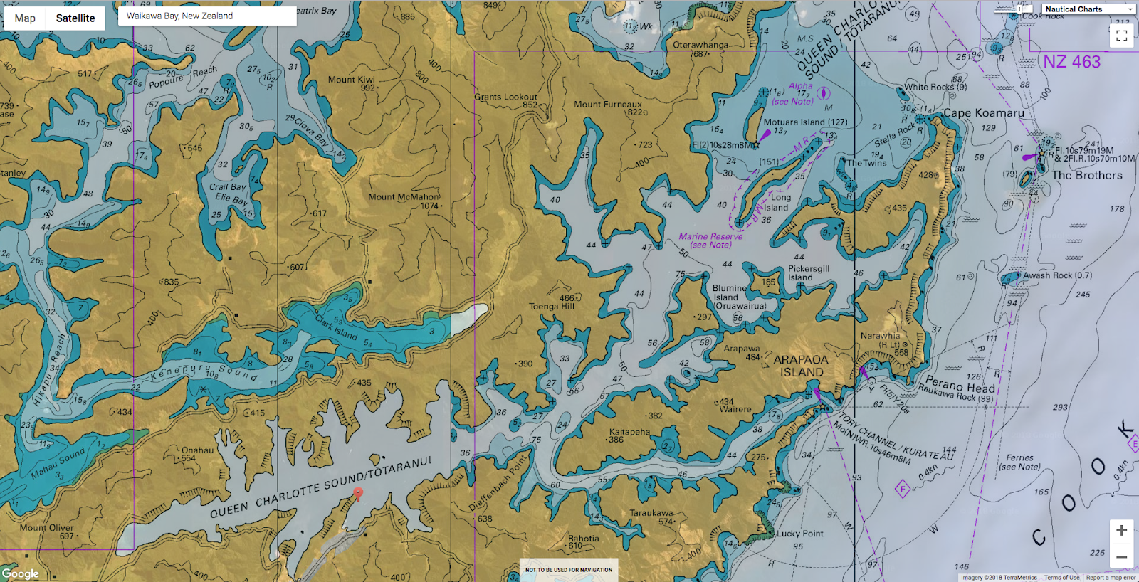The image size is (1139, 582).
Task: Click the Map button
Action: coord(25,18)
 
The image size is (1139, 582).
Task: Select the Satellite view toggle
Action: coord(75,18)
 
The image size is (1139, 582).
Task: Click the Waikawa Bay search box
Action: coord(206,16)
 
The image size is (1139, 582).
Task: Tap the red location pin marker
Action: coord(359,493)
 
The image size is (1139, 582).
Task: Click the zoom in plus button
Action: coord(1121,531)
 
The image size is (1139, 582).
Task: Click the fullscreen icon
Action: coord(1121,36)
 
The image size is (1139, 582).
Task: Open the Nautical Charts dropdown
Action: coord(1088,9)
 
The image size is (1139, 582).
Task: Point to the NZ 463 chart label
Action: coord(1071,62)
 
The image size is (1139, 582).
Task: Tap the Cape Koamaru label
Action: coord(984,113)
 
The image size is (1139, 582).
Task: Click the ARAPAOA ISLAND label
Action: coord(801,366)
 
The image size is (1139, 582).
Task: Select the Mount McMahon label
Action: coord(404,197)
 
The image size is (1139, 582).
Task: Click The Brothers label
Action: coord(1086,176)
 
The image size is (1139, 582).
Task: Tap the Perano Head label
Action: coord(960,384)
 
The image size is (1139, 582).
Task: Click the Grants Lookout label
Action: coord(505,97)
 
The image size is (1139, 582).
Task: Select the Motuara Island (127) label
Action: coord(805,122)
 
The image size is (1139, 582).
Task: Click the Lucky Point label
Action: coord(799,534)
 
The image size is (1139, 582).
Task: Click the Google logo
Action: coord(20,573)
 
